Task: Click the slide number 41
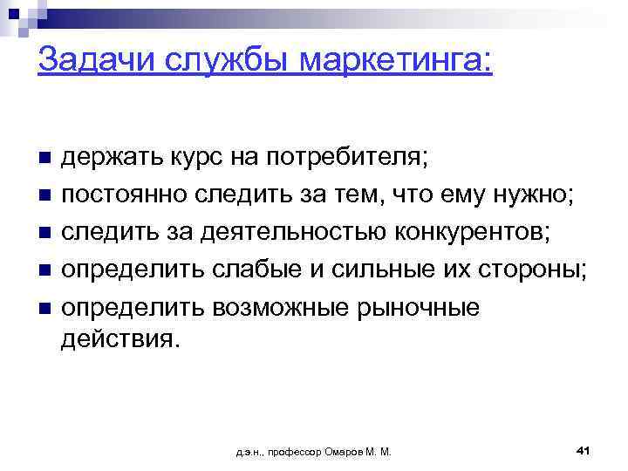[584, 450]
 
